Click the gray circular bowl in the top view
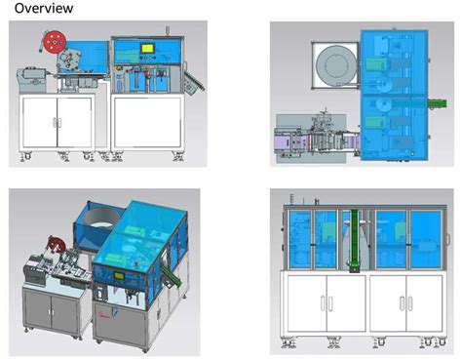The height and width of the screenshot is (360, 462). tap(332, 68)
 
